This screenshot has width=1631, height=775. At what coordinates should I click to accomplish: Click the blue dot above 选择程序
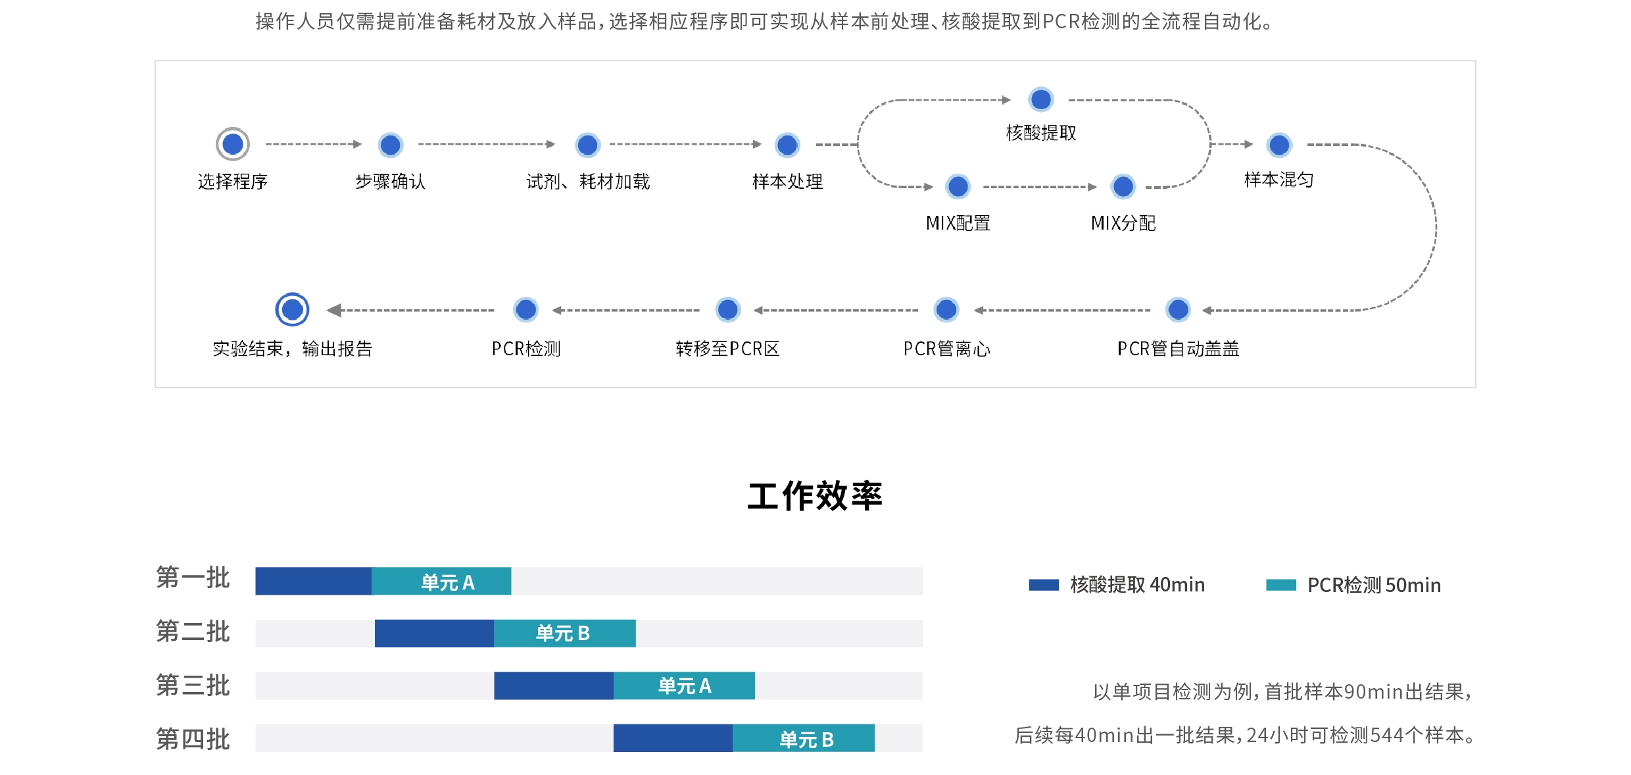[233, 144]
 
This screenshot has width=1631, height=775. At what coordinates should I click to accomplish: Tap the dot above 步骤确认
[391, 145]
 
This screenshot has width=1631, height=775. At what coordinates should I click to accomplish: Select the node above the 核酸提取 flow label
[1041, 99]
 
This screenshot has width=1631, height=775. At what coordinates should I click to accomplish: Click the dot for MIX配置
[958, 187]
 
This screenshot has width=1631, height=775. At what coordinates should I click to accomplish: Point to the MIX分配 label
[1123, 223]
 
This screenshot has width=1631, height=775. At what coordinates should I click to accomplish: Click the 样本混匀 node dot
[1279, 145]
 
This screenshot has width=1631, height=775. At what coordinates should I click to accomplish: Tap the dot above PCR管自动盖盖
[1178, 309]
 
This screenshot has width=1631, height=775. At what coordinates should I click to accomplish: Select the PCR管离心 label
[946, 349]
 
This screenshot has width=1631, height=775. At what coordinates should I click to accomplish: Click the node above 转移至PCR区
[728, 309]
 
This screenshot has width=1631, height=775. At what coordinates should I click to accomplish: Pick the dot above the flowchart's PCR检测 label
[526, 309]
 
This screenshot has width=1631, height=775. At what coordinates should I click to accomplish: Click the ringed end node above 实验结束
[292, 309]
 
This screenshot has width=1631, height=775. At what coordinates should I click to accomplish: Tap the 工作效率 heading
[815, 496]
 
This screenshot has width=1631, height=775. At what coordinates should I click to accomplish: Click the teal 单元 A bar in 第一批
[441, 582]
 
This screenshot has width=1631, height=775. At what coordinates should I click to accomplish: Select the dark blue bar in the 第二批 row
[434, 634]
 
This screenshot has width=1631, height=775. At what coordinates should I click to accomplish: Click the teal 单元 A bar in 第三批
[684, 686]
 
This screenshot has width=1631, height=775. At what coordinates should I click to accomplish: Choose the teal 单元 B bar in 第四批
[804, 738]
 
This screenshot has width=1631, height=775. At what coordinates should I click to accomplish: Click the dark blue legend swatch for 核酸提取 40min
[1044, 585]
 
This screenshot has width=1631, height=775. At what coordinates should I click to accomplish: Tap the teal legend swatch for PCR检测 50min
[1281, 585]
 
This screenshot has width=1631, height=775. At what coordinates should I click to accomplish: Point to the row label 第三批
[193, 686]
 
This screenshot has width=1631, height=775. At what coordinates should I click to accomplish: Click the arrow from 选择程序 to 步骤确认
[314, 144]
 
